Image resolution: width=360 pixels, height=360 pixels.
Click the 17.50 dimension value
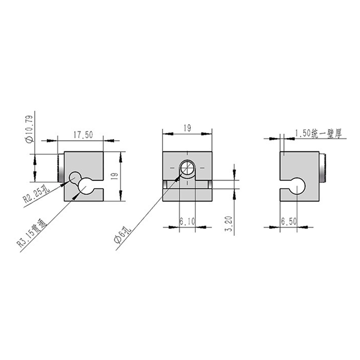[83, 135]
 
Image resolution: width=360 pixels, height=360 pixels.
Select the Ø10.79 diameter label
[30, 129]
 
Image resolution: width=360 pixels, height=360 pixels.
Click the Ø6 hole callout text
[123, 234]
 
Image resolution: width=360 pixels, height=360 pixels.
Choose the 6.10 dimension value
[187, 221]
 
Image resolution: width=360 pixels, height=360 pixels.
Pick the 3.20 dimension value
[229, 224]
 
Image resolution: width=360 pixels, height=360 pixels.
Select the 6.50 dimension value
[289, 221]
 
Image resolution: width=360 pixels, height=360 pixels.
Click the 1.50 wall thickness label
[318, 133]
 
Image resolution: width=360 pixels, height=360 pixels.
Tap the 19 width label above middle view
[187, 128]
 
